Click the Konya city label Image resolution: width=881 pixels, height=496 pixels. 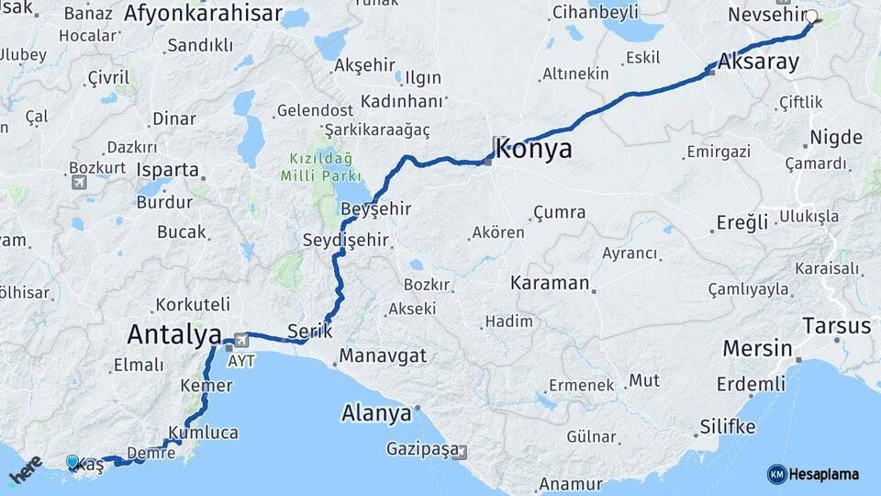534,150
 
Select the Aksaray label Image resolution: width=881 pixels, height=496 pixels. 758,63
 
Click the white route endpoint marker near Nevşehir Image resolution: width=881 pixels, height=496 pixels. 811,16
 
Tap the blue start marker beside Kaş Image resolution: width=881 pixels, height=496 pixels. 72,461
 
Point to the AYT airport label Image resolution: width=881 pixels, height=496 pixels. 241,360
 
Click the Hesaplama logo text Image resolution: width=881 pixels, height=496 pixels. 823,474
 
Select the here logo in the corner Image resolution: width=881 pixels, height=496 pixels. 25,469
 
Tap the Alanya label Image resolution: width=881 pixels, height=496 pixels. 376,413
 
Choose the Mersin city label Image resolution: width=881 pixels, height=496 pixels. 757,349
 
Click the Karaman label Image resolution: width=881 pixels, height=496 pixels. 550,283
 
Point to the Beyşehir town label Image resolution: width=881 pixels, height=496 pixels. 377,209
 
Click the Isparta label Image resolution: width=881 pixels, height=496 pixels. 167,170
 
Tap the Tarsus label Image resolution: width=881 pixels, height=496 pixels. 836,325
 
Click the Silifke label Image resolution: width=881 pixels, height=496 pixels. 728,427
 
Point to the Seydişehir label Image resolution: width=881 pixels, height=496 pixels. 346,241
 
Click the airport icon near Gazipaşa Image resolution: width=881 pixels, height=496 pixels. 460,451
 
